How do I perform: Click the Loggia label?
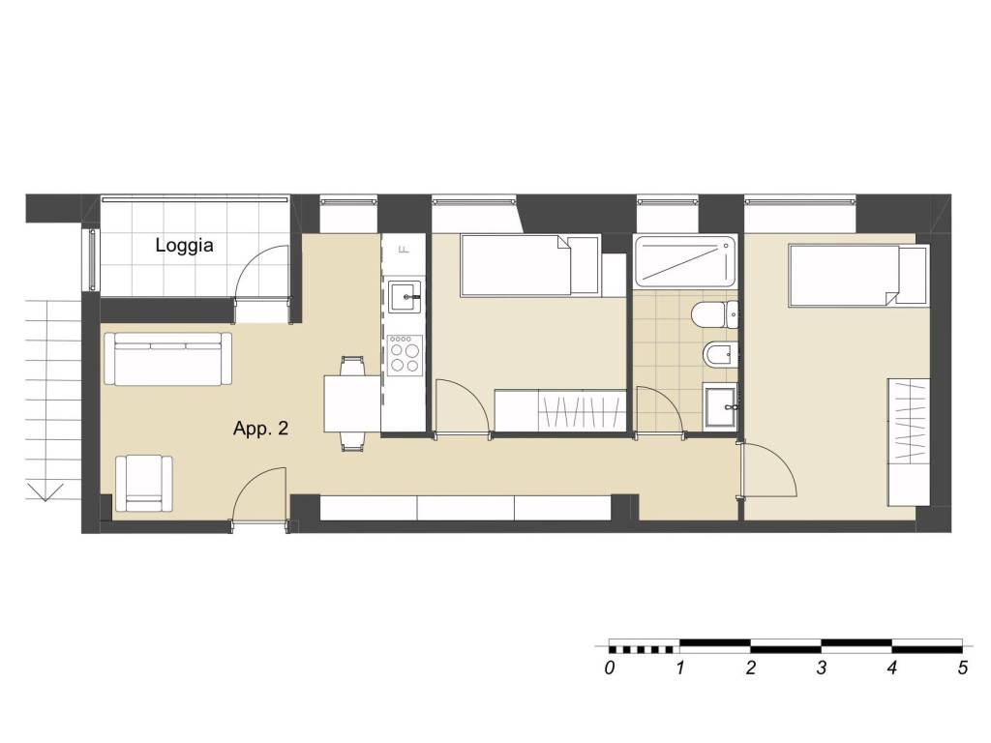[184, 245]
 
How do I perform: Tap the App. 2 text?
[260, 429]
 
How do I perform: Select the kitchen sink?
[405, 296]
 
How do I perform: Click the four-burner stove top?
[405, 355]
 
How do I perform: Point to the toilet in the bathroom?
[715, 314]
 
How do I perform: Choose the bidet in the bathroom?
[720, 355]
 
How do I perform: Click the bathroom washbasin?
[720, 407]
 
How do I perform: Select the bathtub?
[685, 262]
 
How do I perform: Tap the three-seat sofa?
[167, 359]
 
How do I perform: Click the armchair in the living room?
[144, 484]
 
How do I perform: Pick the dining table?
[352, 403]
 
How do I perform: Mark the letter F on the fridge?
[405, 249]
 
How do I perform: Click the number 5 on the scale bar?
[963, 668]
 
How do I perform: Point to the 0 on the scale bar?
[609, 668]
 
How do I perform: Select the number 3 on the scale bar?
[821, 668]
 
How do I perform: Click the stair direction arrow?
[45, 491]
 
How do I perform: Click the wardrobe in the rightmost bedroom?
[909, 441]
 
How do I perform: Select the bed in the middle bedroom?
[530, 265]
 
